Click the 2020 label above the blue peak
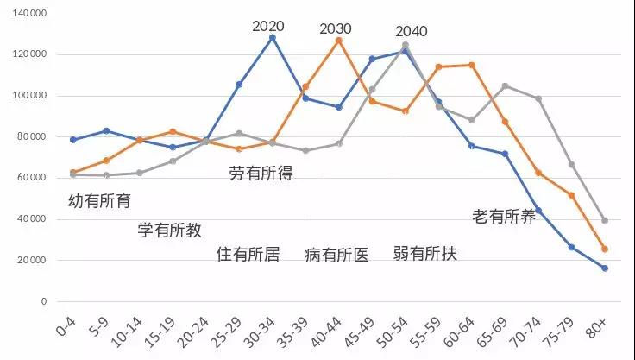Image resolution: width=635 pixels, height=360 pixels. [268, 25]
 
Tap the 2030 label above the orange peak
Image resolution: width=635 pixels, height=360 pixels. [336, 28]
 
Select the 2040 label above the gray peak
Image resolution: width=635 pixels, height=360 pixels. [412, 32]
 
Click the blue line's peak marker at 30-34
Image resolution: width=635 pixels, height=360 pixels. [273, 37]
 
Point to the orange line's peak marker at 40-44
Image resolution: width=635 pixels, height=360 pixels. [339, 41]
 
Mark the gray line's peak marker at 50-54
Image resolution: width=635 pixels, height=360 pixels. [406, 45]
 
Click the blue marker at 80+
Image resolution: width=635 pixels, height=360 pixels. [605, 268]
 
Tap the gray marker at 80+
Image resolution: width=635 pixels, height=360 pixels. [605, 220]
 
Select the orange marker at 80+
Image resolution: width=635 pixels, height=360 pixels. [605, 249]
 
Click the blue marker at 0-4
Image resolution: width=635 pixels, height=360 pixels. [73, 140]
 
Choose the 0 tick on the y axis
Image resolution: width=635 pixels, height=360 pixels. [41, 302]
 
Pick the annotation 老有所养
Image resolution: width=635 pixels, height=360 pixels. [504, 216]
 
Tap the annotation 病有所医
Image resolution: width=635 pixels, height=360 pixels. [336, 255]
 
